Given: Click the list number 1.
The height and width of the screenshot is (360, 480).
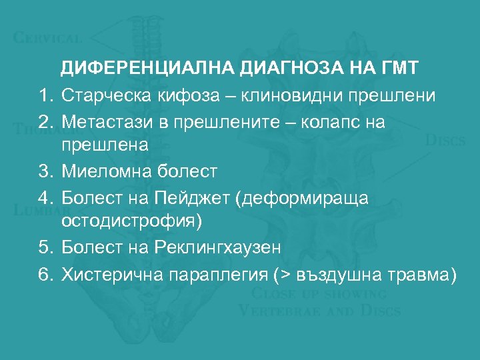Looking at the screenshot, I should [x=44, y=96].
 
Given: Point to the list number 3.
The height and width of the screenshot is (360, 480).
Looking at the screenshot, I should [x=44, y=171].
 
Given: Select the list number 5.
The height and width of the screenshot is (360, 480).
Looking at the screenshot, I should [x=44, y=247].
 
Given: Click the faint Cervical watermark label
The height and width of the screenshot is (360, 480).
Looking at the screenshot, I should [x=48, y=38].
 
